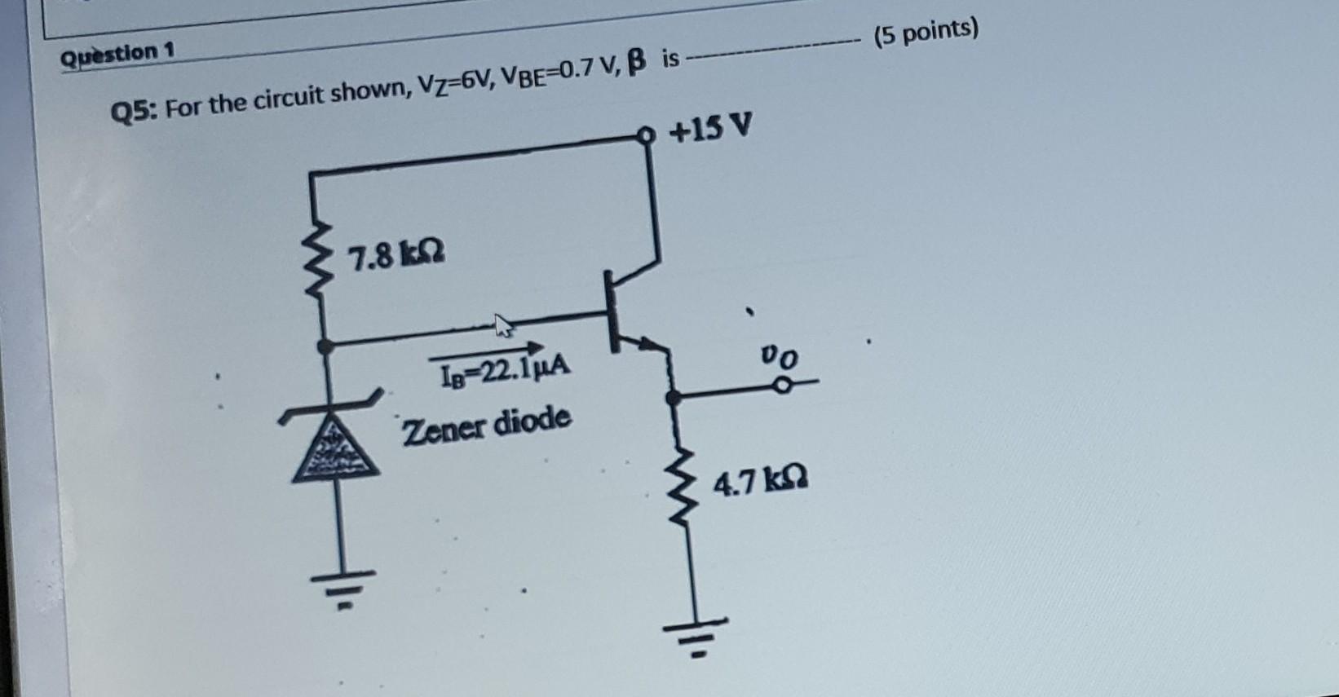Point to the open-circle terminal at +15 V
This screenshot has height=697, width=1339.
(x=647, y=137)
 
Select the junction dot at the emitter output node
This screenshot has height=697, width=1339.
(x=672, y=397)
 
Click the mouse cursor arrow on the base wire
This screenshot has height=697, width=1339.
(x=504, y=326)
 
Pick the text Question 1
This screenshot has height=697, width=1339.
(x=118, y=55)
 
